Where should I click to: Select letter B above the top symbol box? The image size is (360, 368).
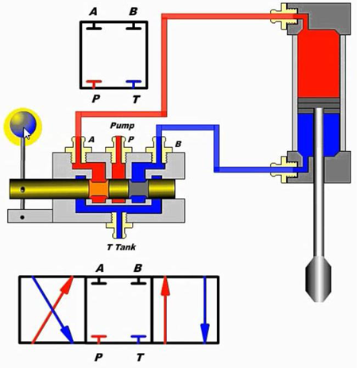(x=132, y=12)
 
